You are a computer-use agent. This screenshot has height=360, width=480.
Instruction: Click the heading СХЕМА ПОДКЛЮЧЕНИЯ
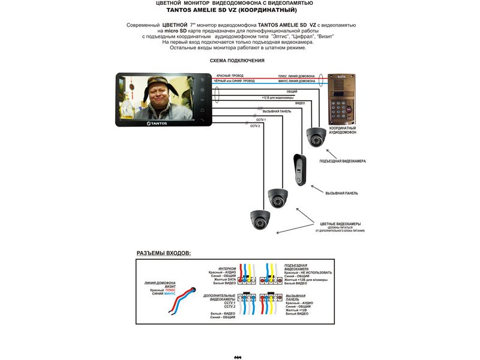click(237, 61)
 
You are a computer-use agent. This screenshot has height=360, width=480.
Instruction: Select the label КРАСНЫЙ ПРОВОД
click(226, 76)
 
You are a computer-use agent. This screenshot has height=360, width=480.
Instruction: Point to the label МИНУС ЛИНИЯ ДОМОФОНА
click(296, 81)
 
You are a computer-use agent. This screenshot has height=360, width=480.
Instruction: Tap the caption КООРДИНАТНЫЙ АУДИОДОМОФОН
click(343, 130)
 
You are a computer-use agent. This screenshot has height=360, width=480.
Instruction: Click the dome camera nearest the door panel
click(314, 137)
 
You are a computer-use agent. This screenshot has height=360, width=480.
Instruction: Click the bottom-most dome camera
click(259, 220)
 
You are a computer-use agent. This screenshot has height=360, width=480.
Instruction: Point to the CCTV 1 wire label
click(260, 120)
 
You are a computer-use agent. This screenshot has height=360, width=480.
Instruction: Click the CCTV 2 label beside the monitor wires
click(254, 125)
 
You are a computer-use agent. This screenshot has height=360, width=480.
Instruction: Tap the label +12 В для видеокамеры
click(277, 97)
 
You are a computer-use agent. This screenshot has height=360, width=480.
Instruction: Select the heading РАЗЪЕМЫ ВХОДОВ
click(164, 253)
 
